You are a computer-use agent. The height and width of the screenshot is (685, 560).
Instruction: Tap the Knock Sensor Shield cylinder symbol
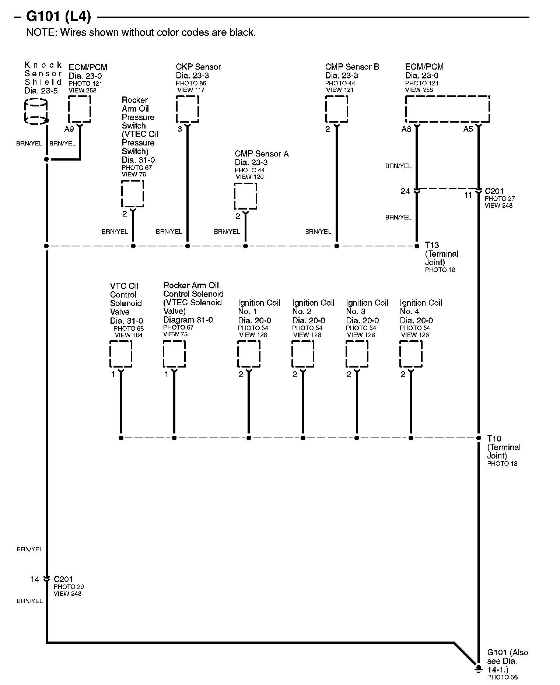36,111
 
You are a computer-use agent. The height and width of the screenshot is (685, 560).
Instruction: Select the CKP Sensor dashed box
188,109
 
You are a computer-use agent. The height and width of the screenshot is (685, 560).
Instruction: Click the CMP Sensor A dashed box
245,196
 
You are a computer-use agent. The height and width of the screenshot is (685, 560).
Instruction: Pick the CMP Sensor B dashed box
336,109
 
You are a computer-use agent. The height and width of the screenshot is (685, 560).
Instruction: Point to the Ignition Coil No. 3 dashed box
357,354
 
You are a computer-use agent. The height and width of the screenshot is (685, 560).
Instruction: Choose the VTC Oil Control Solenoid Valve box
121,354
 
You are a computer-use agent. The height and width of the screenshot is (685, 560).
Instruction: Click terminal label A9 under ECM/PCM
69,129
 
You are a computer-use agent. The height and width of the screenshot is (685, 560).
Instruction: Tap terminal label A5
468,129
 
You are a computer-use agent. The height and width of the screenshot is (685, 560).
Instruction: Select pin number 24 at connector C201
405,192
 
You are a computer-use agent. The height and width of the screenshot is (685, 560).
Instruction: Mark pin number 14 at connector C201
35,580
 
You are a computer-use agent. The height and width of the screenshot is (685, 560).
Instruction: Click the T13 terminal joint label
432,245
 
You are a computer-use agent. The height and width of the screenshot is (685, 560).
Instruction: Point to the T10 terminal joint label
494,439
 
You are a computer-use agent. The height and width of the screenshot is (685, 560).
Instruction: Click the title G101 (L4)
58,17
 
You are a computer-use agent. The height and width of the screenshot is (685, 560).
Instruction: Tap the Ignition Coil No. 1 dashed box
249,354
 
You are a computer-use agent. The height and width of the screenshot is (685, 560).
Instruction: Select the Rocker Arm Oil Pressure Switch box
133,194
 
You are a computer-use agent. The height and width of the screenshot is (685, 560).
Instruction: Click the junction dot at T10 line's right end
478,438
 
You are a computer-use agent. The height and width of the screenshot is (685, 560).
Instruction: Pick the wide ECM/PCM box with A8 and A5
447,109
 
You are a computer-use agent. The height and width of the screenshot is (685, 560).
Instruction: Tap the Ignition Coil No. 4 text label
421,307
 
